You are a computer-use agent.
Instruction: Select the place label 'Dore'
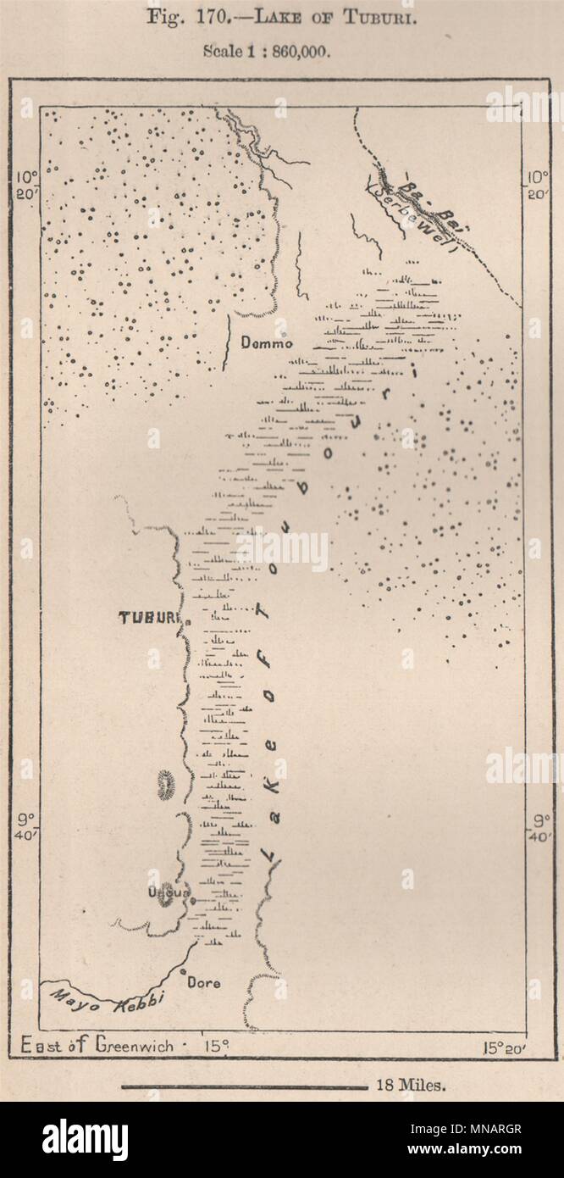203,983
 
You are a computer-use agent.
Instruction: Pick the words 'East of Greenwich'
94,1046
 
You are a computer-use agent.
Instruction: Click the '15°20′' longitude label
505,1047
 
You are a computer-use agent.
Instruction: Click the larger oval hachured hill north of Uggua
165,785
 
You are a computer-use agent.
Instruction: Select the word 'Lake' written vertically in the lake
271,847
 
